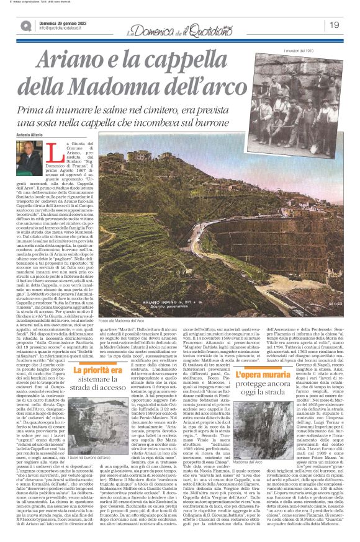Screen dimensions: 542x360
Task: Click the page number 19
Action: [x=335, y=25]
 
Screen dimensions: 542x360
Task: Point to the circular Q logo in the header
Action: [x=26, y=25]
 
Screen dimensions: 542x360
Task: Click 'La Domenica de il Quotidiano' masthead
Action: [x=180, y=25]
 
